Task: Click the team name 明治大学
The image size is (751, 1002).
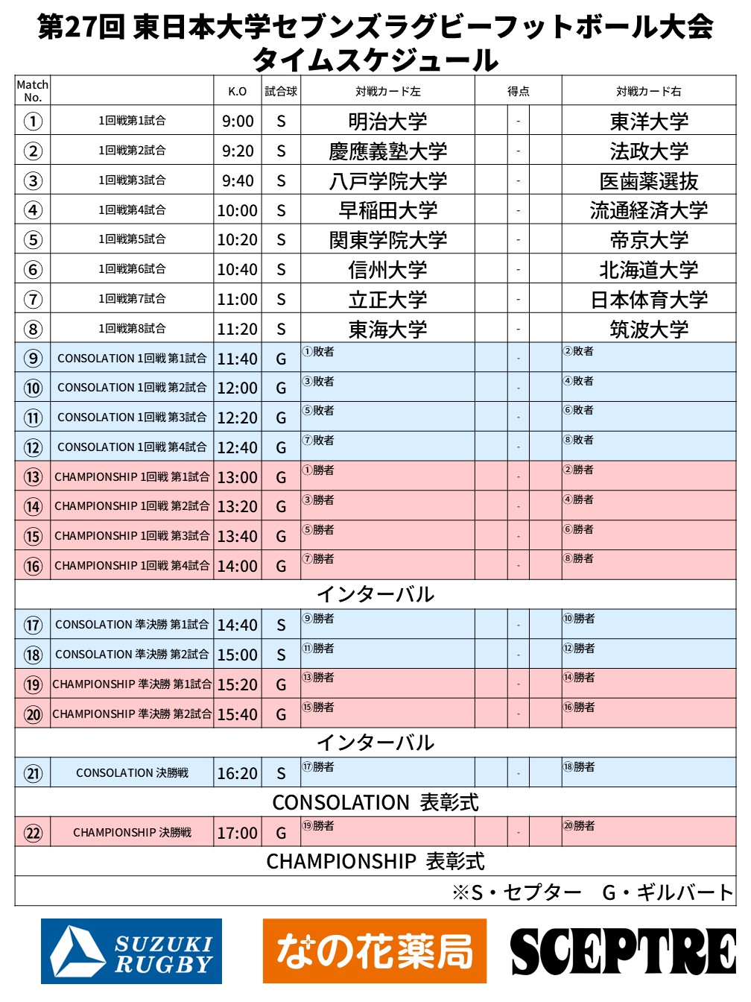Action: click(x=387, y=121)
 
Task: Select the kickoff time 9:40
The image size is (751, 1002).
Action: click(x=238, y=180)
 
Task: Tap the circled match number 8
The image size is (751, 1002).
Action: click(x=33, y=329)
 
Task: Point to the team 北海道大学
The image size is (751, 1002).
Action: click(x=649, y=269)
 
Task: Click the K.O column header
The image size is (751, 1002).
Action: click(x=238, y=91)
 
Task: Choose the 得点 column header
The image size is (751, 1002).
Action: click(x=518, y=91)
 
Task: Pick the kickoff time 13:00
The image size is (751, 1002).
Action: click(x=238, y=477)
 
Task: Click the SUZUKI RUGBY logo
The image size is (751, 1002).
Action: click(x=131, y=951)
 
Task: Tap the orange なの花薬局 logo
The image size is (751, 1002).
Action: click(x=375, y=951)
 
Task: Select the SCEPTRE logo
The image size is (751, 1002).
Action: click(x=623, y=951)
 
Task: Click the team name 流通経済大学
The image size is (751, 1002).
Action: click(x=649, y=210)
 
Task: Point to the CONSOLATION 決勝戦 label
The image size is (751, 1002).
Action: click(x=132, y=773)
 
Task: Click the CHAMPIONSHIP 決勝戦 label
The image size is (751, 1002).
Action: click(x=132, y=832)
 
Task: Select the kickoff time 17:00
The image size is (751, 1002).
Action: click(x=238, y=833)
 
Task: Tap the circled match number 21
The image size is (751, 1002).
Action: click(x=33, y=773)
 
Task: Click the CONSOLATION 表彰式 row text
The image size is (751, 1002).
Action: click(x=375, y=802)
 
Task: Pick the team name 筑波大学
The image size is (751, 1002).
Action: click(x=649, y=329)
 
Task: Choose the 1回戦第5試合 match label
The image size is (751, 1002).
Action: click(x=132, y=239)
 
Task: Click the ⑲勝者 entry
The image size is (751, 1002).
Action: click(x=318, y=826)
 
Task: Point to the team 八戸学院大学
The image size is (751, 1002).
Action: click(x=387, y=180)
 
